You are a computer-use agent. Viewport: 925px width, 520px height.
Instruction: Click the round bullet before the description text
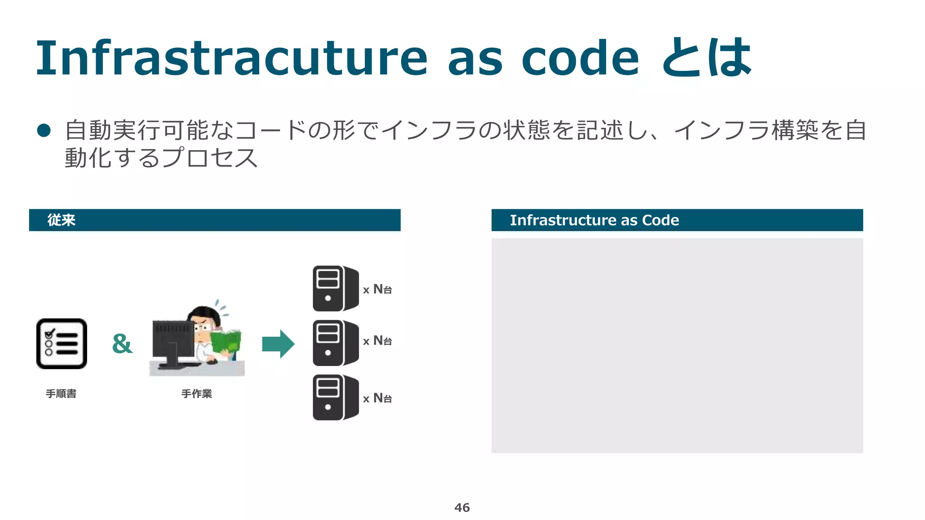pos(44,130)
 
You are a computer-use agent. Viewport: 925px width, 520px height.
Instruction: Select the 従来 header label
pos(61,220)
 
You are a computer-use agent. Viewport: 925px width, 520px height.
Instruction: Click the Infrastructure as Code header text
pos(594,220)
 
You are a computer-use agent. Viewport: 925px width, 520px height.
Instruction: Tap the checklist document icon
pos(62,344)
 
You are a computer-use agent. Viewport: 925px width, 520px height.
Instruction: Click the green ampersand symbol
pos(122,344)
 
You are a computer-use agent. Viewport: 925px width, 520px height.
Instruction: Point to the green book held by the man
pos(226,341)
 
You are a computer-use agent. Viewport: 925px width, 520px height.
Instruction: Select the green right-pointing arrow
pos(278,344)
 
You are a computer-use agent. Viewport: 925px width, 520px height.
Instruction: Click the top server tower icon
pos(335,288)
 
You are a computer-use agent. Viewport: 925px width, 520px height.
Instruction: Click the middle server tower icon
pos(335,343)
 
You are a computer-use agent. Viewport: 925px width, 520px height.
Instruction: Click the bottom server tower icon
pos(335,397)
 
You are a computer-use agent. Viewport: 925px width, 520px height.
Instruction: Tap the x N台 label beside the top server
pos(378,289)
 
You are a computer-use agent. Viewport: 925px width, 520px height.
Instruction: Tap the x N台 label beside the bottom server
pos(378,398)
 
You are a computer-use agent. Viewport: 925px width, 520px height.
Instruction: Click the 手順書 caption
pos(61,394)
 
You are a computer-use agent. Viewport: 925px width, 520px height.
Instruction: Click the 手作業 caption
pos(196,394)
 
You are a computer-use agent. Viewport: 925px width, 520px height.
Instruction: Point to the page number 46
pos(462,507)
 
